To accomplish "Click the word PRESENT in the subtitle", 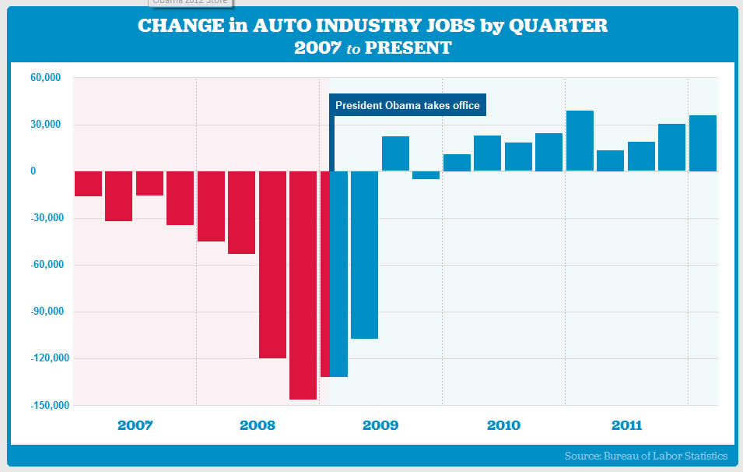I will (408, 48).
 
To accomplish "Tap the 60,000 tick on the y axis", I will (46, 79).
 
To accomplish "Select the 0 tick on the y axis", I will (55, 172).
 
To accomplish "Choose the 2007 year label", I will (135, 425).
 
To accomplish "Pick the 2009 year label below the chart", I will (380, 425).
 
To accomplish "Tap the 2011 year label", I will (626, 425).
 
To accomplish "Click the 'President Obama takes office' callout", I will (408, 105).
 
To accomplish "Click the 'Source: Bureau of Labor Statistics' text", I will (646, 456).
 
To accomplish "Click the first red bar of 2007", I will (88, 184).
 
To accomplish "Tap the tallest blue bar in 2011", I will (580, 141).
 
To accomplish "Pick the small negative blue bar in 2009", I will (426, 175).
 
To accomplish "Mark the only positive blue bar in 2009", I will (395, 154).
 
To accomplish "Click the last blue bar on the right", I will (703, 143).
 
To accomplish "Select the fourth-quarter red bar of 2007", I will (180, 198).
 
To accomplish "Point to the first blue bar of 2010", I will (457, 163).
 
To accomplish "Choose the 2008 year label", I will (258, 425).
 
